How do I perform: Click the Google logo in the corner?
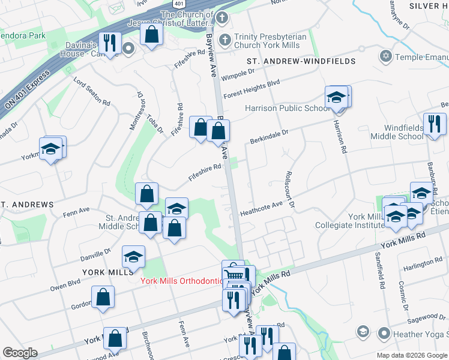(19, 353)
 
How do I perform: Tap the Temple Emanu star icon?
(385, 56)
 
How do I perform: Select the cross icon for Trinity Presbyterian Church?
(225, 41)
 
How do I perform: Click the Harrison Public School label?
(287, 109)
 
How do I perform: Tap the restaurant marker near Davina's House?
(109, 42)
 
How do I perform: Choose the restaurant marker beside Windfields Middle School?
(433, 124)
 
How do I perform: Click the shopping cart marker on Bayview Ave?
(233, 273)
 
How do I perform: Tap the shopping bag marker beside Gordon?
(103, 296)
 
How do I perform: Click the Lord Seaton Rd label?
(92, 91)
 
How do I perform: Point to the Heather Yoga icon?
(363, 332)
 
